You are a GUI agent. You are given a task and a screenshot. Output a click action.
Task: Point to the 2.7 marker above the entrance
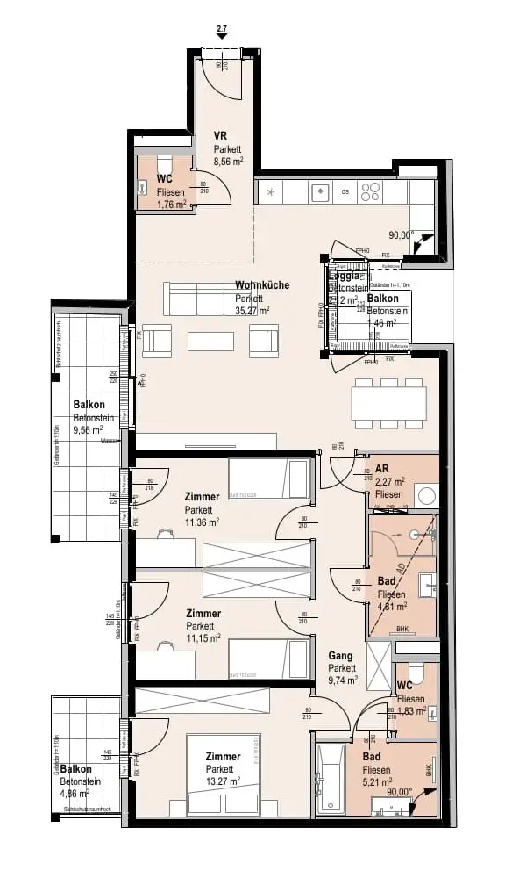pyautogui.click(x=221, y=31)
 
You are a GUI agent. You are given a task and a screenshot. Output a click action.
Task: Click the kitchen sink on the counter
pyautogui.click(x=322, y=191)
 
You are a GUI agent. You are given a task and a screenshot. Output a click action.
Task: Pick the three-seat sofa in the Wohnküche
pyautogui.click(x=198, y=300)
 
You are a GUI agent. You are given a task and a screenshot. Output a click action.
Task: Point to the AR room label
pyautogui.click(x=382, y=469)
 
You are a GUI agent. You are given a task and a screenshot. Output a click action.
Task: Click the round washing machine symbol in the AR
pyautogui.click(x=427, y=494)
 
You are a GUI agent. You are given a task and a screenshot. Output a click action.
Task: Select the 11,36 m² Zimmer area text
pyautogui.click(x=202, y=522)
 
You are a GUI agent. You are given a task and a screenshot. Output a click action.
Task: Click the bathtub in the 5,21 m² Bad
pyautogui.click(x=331, y=778)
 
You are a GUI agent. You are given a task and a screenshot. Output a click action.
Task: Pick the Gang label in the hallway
pyautogui.click(x=340, y=655)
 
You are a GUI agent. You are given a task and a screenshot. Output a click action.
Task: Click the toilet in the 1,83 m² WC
pyautogui.click(x=418, y=673)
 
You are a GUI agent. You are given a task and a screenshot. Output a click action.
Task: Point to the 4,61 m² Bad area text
pyautogui.click(x=391, y=606)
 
